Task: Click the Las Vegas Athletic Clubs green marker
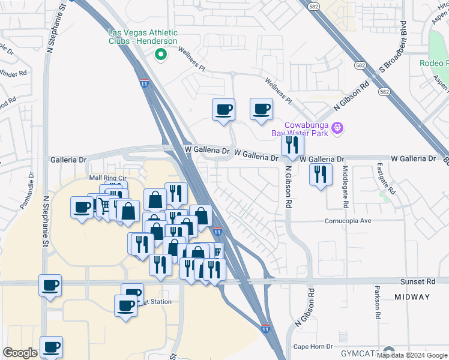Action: coord(160,55)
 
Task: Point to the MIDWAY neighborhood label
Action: coord(412,297)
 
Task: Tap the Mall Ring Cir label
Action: coord(108,178)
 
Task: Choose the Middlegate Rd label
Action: coord(346,186)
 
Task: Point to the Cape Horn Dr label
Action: coord(313,347)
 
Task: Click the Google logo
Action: coord(20,353)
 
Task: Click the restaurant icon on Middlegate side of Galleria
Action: coord(320,175)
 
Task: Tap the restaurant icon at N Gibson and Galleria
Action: coord(292,145)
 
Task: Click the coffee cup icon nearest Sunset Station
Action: coord(126,306)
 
